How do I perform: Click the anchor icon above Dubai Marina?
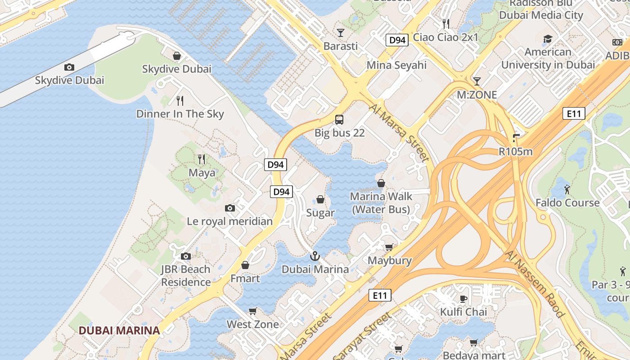315,256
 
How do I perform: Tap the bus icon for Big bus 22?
339,120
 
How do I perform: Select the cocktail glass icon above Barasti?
341,33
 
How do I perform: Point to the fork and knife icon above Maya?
202,159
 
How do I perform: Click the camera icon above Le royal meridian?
230,208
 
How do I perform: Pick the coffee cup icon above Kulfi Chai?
463,299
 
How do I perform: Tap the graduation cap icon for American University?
548,39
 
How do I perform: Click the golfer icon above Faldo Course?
567,189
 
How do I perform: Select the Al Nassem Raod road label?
535,284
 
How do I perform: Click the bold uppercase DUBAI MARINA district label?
119,330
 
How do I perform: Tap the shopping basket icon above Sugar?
320,199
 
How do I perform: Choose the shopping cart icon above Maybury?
389,247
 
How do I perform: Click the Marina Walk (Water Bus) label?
381,203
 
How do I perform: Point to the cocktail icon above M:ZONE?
477,81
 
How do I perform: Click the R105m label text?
515,151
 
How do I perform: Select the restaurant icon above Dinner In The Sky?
180,100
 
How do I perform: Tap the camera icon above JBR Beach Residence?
186,256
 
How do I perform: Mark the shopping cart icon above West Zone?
253,311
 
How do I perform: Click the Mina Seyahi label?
396,65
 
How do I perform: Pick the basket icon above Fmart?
245,265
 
